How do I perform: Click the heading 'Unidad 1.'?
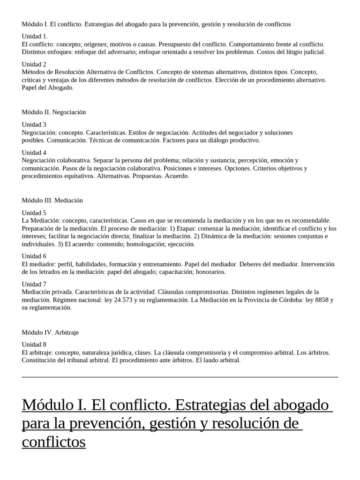(35, 36)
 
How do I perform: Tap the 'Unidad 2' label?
(34, 64)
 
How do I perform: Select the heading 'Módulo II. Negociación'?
(54, 112)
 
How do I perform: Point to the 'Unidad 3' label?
(34, 125)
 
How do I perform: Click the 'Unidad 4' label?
(34, 152)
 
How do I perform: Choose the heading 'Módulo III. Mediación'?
(52, 200)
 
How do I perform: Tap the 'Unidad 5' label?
(34, 212)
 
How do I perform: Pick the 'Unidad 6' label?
(34, 256)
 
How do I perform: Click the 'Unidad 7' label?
(34, 284)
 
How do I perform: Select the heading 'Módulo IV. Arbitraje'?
(50, 332)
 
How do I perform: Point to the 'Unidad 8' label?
(34, 345)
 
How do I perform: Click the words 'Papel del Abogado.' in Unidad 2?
(48, 88)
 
